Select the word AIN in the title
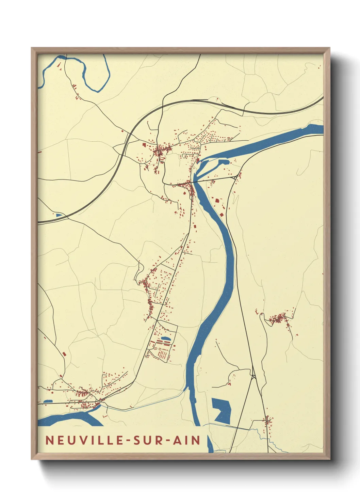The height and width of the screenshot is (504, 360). tap(187, 440)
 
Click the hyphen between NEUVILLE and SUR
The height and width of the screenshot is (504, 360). tap(129, 440)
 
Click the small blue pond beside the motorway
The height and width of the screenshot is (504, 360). tap(59, 215)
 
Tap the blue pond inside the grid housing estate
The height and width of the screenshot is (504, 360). tap(166, 338)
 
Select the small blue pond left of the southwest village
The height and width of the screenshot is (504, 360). tap(48, 401)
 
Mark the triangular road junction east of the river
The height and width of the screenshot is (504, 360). tap(253, 377)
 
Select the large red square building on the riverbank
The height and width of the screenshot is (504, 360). tap(217, 201)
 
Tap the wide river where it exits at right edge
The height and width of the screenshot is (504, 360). tap(315, 129)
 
